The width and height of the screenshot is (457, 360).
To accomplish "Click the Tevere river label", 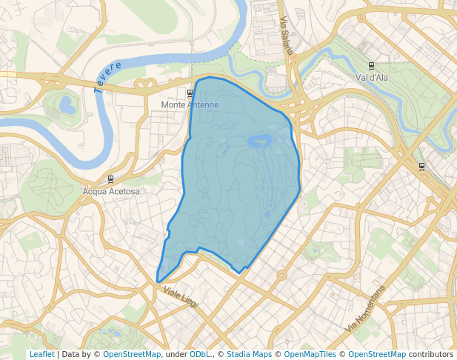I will (107, 76).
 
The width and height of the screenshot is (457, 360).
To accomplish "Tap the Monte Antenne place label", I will (190, 105).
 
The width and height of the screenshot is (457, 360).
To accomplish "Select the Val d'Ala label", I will (372, 76).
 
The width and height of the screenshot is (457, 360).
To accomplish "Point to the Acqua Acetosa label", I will (111, 191).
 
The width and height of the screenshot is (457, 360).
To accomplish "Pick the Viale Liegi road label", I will (180, 299).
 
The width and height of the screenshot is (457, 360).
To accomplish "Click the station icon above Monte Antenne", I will (190, 93).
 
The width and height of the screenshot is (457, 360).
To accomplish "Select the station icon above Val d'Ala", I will (371, 65).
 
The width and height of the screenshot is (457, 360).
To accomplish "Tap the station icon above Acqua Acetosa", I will (111, 179).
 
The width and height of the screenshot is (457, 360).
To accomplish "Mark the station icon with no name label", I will (421, 167).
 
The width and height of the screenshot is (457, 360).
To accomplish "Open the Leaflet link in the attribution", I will (41, 354).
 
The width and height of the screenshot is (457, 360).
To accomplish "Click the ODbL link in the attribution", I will (199, 354).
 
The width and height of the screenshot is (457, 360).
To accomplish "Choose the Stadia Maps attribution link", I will (249, 354).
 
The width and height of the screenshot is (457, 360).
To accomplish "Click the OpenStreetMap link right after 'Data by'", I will (132, 354).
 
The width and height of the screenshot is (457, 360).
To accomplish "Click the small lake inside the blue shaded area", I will (258, 141).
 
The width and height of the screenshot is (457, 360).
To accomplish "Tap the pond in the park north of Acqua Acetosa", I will (67, 104).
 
